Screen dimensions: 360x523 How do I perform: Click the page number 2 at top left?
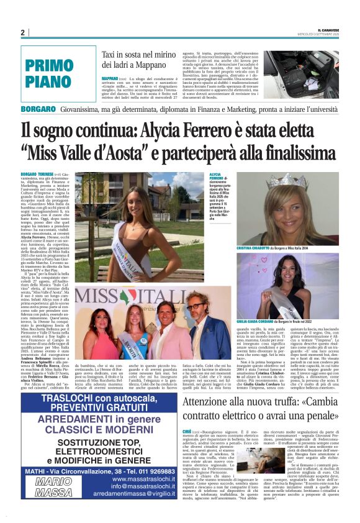(x=22, y=32)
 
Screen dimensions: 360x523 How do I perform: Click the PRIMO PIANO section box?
(x=58, y=72)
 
